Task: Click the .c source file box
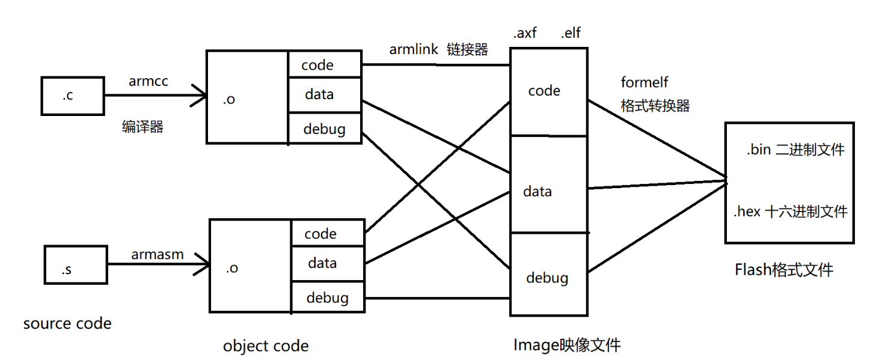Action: [72, 96]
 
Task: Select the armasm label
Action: [158, 255]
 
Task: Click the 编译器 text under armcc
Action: [142, 127]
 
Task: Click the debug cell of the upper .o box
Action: [325, 128]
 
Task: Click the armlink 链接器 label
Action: [438, 50]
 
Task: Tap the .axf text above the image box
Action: [524, 34]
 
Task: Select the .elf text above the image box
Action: [571, 34]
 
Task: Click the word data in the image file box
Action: [538, 192]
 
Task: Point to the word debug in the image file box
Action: [547, 278]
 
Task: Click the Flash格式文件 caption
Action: [783, 270]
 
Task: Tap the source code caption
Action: [67, 324]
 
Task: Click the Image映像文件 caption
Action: [566, 345]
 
